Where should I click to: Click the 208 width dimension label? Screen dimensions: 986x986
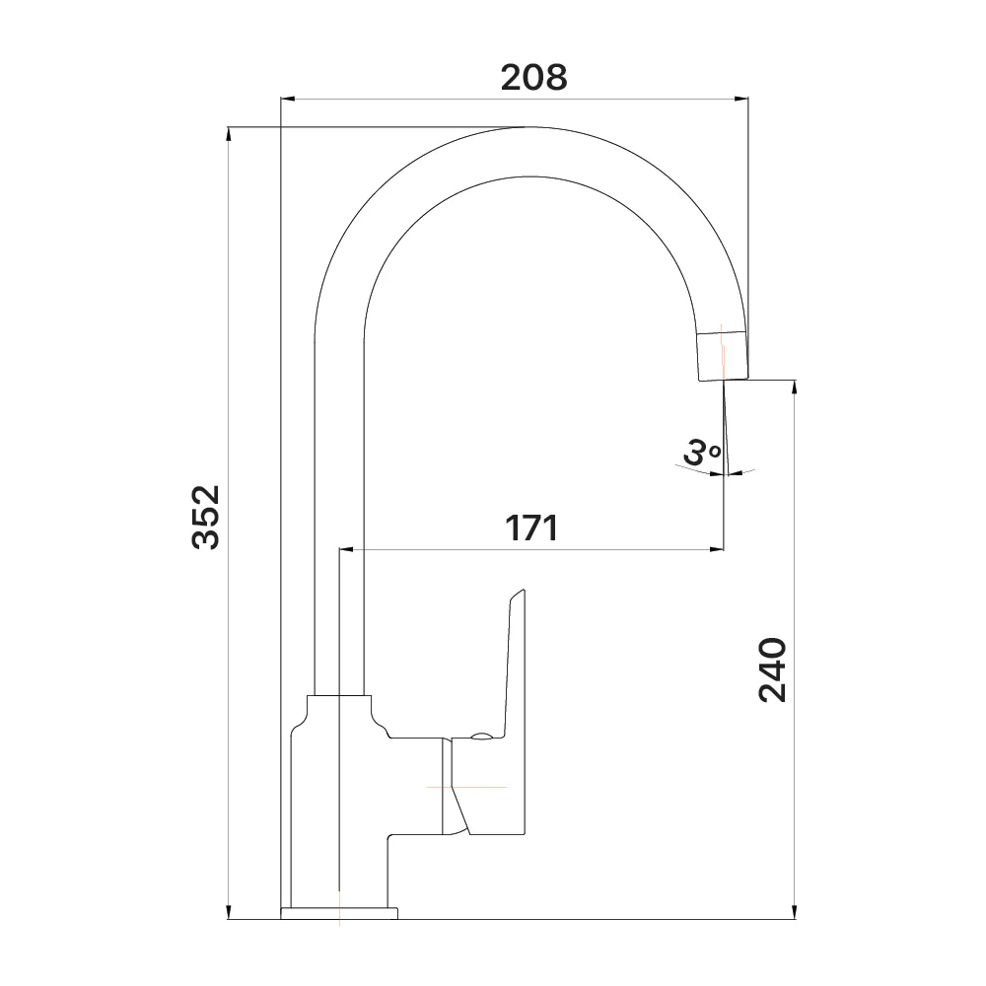[x=533, y=78]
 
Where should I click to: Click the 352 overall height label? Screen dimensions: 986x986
[x=206, y=517]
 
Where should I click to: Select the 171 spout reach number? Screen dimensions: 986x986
[x=531, y=528]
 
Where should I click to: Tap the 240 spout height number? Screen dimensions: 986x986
[x=772, y=669]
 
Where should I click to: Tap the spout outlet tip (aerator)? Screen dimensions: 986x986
[x=723, y=354]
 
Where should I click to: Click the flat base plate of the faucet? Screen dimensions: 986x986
[x=339, y=913]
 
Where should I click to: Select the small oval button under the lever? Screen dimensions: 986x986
[x=482, y=737]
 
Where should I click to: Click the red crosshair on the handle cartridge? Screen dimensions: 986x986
[x=466, y=787]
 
